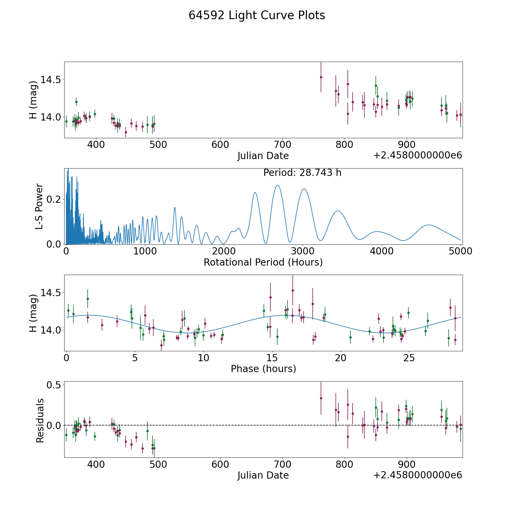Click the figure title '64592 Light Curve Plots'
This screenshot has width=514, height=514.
[x=257, y=15]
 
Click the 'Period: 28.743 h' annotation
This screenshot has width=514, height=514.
[x=302, y=173]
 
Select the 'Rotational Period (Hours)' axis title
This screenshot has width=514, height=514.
[x=263, y=262]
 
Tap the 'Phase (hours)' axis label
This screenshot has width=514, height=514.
[x=263, y=369]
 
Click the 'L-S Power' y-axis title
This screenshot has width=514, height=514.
[x=39, y=206]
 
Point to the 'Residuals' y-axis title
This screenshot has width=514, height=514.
[x=40, y=420]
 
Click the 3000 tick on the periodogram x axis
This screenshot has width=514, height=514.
[x=303, y=251]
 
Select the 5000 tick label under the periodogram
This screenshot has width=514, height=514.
[x=460, y=251]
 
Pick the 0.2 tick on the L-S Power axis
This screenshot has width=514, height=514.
[x=54, y=199]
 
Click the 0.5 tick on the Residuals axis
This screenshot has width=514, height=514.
[x=54, y=385]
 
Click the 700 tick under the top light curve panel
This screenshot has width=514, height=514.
[x=282, y=144]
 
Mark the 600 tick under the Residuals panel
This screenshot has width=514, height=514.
[x=220, y=464]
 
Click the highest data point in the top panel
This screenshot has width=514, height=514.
[x=321, y=77]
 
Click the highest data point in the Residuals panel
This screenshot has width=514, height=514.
[x=321, y=398]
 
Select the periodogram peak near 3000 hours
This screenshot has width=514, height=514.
[x=304, y=189]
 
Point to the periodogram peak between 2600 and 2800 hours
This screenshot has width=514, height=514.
[x=277, y=185]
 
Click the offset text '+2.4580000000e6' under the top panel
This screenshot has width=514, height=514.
[x=417, y=155]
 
